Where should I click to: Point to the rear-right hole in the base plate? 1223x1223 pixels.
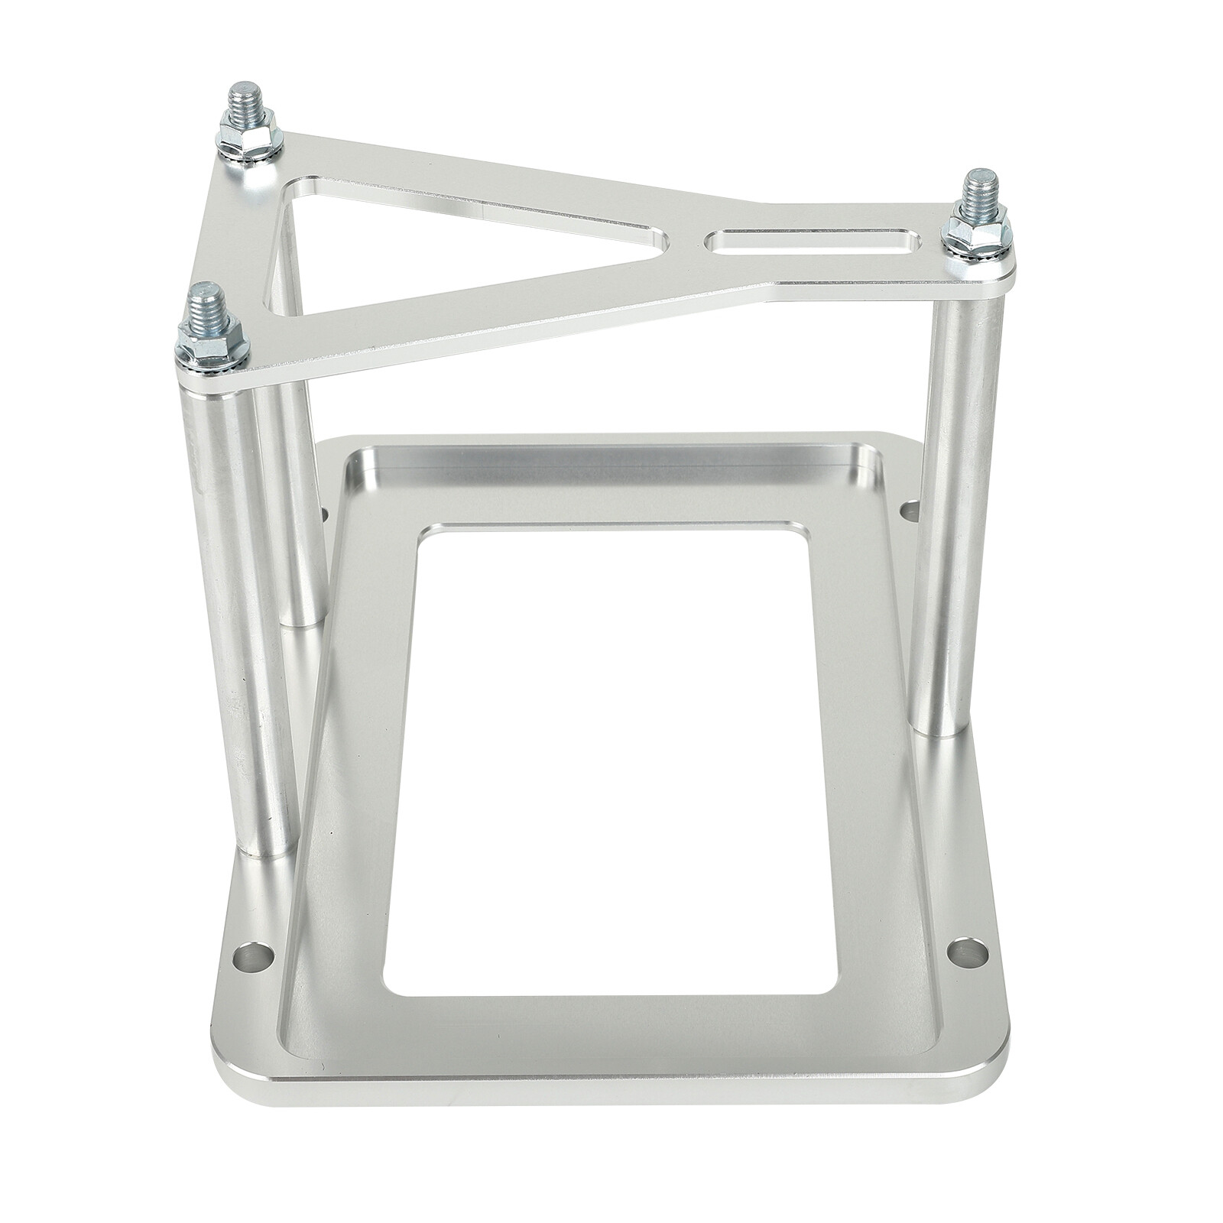point(911,507)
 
